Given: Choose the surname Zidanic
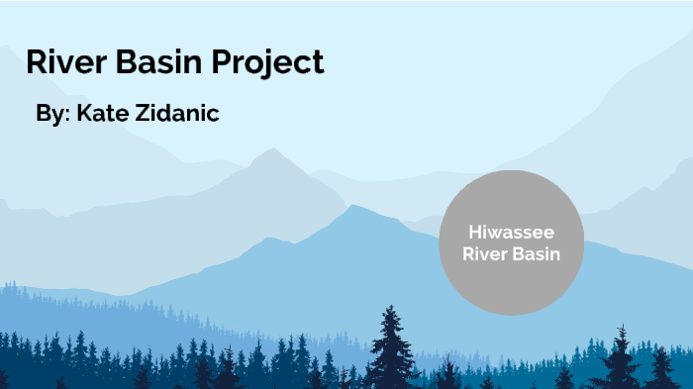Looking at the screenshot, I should pyautogui.click(x=178, y=114).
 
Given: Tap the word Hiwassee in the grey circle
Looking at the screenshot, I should pyautogui.click(x=511, y=233).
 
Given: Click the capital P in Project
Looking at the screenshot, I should pyautogui.click(x=222, y=62).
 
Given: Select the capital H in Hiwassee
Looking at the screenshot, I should pyautogui.click(x=473, y=233).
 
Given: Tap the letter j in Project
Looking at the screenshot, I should pyautogui.click(x=263, y=64).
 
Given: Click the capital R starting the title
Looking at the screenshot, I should pyautogui.click(x=36, y=62).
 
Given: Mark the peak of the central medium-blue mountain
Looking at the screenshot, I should pyautogui.click(x=353, y=208).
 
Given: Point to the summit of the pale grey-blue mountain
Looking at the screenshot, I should pyautogui.click(x=268, y=151).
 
